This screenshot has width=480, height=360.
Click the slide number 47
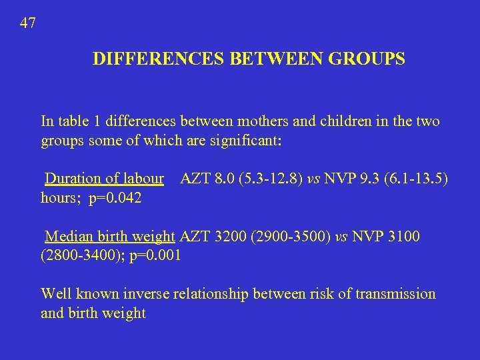click(x=28, y=23)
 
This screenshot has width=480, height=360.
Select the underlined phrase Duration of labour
click(x=104, y=179)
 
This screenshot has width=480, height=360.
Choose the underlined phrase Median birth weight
click(x=110, y=237)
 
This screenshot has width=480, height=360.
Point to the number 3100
click(x=404, y=237)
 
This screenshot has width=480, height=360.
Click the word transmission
click(x=393, y=294)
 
